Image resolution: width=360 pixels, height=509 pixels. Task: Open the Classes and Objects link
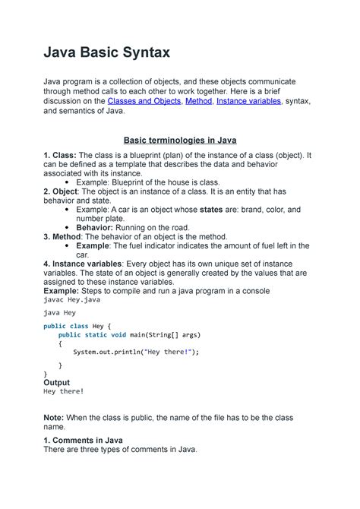click(143, 100)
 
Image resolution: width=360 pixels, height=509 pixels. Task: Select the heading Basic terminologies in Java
click(181, 140)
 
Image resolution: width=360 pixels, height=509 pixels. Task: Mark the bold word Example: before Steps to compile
click(62, 290)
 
